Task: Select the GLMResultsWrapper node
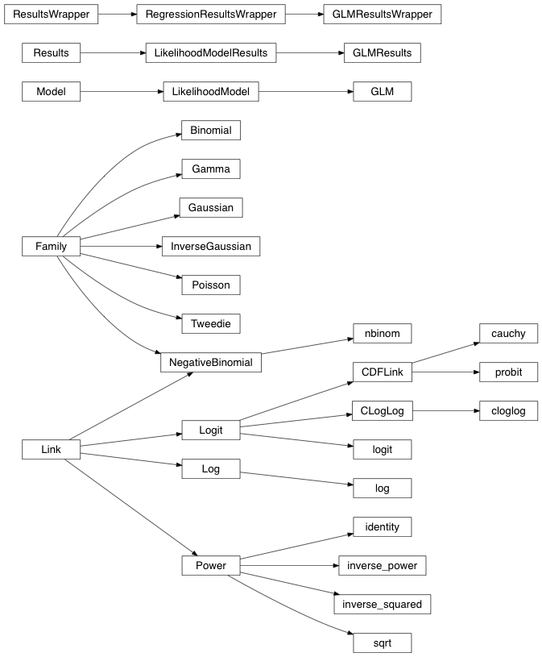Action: pyautogui.click(x=382, y=15)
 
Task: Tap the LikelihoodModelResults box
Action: pyautogui.click(x=211, y=53)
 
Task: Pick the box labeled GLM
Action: pyautogui.click(x=382, y=92)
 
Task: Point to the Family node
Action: pyautogui.click(x=51, y=247)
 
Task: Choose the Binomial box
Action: pyautogui.click(x=211, y=131)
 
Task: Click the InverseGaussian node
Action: pyautogui.click(x=211, y=247)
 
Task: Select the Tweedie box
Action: pyautogui.click(x=211, y=324)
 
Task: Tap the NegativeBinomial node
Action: pyautogui.click(x=211, y=363)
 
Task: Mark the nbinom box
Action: pyautogui.click(x=382, y=334)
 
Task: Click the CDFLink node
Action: pyautogui.click(x=382, y=372)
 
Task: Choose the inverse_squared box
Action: pyautogui.click(x=382, y=604)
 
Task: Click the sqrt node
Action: pyautogui.click(x=382, y=642)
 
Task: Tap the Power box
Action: pyautogui.click(x=211, y=566)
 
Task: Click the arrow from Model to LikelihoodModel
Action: pyautogui.click(x=121, y=92)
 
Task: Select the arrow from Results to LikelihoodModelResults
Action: pyautogui.click(x=112, y=53)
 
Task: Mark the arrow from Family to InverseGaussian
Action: pyautogui.click(x=121, y=247)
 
